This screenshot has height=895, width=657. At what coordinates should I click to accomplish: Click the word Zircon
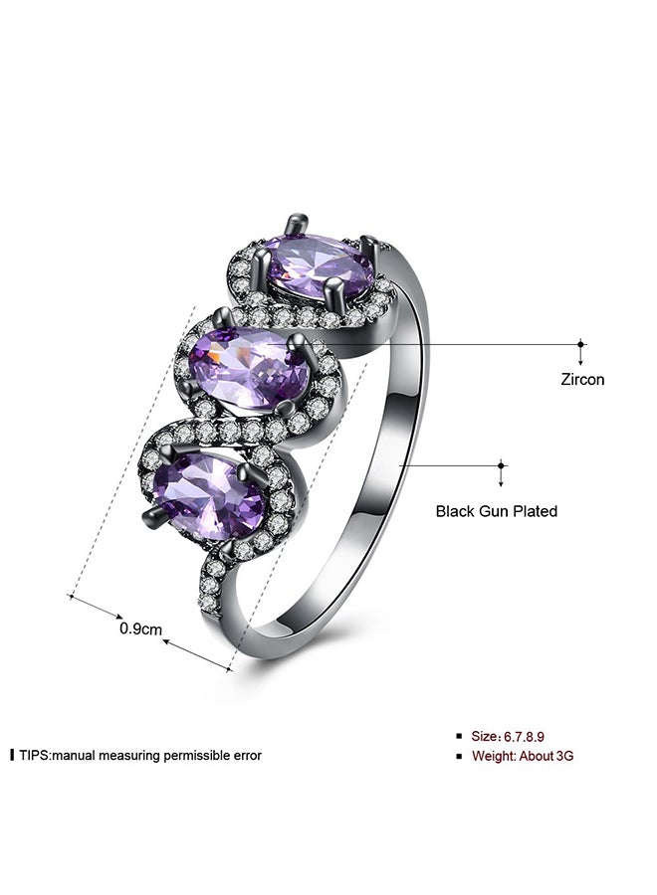tap(581, 380)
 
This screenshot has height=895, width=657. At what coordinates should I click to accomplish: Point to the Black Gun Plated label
tap(496, 511)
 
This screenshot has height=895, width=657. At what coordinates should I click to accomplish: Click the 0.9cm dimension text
tap(140, 629)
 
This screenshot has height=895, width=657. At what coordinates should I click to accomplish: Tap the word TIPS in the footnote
tap(35, 755)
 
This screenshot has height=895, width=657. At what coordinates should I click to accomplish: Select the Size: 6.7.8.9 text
tap(508, 736)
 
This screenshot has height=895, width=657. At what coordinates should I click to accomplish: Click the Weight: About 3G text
tap(523, 756)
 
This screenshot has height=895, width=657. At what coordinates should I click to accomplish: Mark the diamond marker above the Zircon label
tap(581, 344)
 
